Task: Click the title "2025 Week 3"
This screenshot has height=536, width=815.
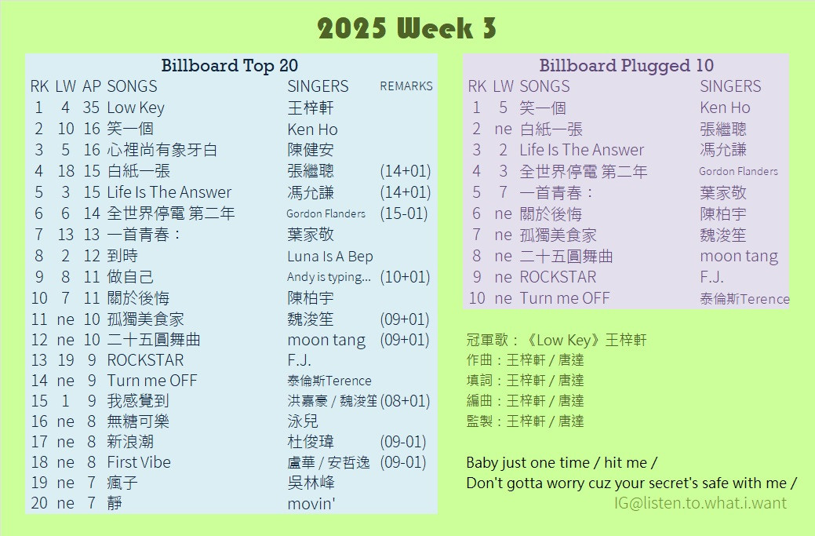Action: [406, 28]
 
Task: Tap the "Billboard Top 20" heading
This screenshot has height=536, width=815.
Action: [229, 65]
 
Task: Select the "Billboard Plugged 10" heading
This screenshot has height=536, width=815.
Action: [626, 65]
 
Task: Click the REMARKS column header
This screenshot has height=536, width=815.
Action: [406, 86]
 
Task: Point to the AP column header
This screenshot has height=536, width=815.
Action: [92, 86]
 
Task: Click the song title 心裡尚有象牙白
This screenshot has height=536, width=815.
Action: [162, 150]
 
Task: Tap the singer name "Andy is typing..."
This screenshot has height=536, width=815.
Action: [329, 277]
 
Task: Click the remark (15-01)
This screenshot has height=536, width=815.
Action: [404, 213]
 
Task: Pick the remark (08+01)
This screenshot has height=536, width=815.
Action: [405, 401]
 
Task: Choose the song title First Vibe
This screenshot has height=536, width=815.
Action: [139, 462]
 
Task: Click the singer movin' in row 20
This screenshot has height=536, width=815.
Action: [311, 503]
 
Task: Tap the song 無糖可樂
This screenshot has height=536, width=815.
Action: [138, 421]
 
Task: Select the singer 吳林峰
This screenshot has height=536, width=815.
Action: [311, 483]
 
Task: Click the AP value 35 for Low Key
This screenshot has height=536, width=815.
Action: [91, 108]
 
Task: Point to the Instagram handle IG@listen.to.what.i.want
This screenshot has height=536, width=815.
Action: [700, 503]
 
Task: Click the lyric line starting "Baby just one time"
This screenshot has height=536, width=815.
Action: [562, 462]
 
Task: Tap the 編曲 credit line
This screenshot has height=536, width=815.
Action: [525, 401]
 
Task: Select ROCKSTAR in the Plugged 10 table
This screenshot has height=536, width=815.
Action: [558, 277]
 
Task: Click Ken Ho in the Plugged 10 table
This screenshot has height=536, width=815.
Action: [725, 108]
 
